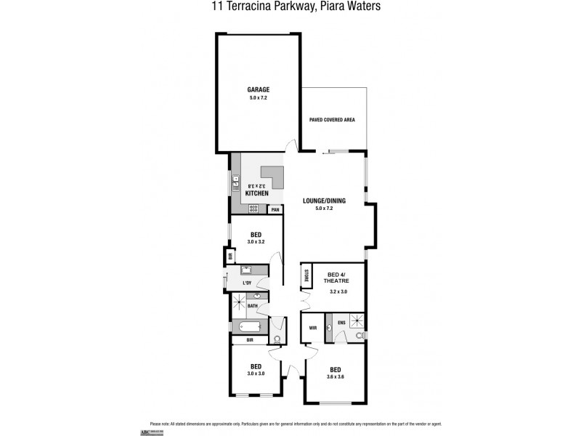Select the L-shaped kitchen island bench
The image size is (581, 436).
coord(272,178)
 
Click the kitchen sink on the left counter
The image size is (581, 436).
coord(236,182)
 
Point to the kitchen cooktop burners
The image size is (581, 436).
coord(254,209)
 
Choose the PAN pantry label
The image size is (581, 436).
coord(275,210)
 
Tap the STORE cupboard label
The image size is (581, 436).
coord(306,277)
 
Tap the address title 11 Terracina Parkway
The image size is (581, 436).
coord(290,7)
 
